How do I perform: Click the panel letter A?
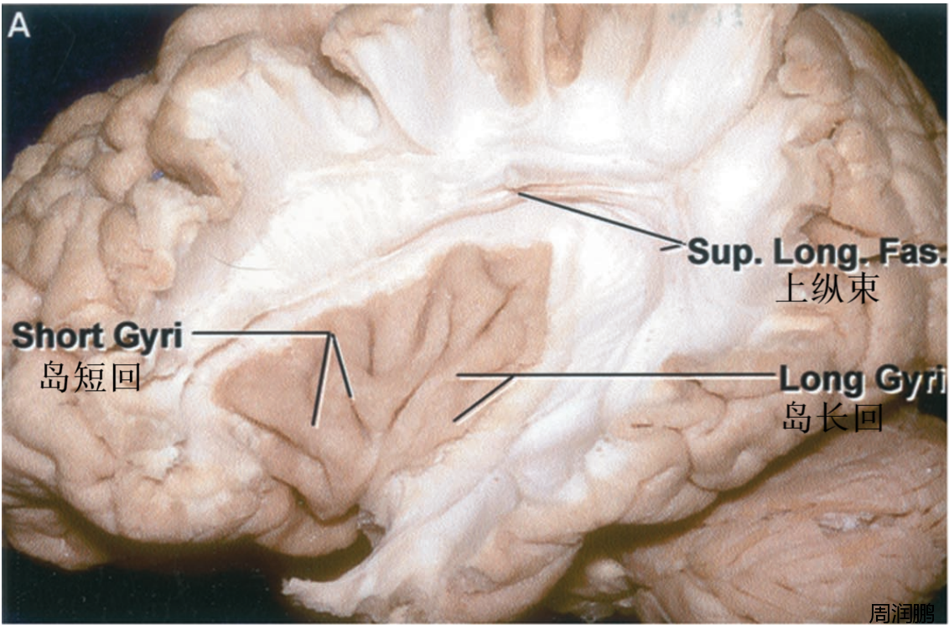18,26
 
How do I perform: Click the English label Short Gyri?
97,336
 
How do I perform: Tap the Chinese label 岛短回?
91,378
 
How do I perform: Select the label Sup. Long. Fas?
817,252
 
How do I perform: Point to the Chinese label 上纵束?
828,289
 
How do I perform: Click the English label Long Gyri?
863,380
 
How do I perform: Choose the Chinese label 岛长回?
832,418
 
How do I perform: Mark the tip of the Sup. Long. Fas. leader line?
518,193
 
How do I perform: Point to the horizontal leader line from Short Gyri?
262,332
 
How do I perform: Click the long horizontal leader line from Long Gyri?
616,376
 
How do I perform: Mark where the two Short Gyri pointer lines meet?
330,333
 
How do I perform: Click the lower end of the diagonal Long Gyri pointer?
455,419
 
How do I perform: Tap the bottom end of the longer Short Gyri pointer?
313,424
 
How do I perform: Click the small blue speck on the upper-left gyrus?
158,175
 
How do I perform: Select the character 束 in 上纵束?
863,289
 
